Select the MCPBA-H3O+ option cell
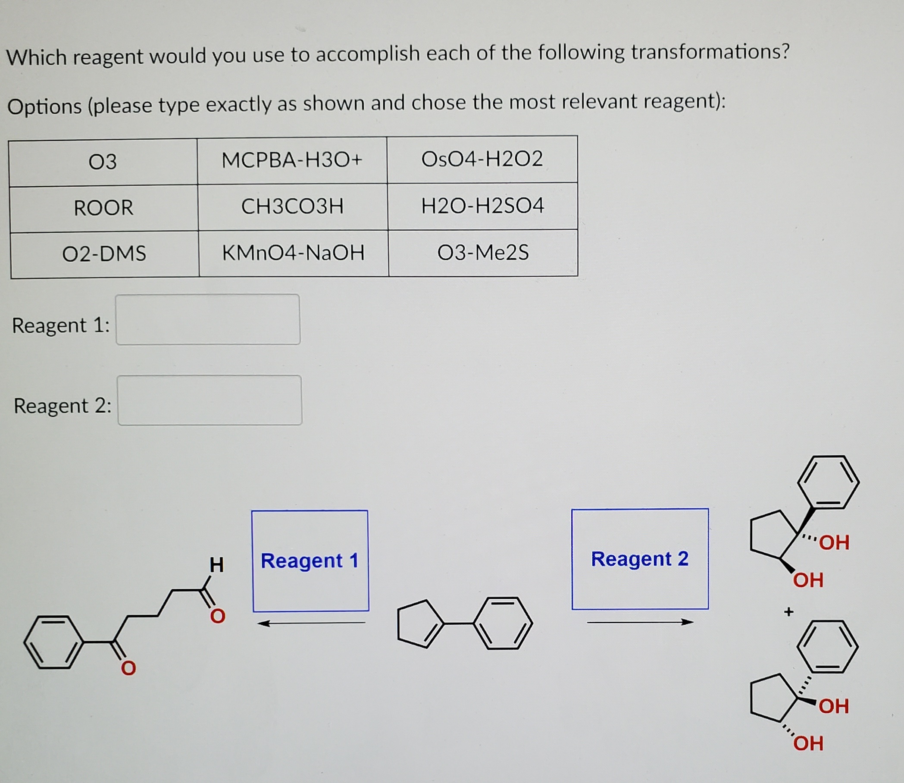(x=292, y=160)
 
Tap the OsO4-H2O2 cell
(x=482, y=159)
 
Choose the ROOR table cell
(x=103, y=207)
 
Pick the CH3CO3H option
(x=292, y=206)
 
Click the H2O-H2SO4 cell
(x=482, y=205)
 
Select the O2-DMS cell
(x=104, y=254)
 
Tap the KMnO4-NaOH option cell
(x=293, y=253)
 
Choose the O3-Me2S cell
(x=483, y=252)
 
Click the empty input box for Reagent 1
(x=208, y=319)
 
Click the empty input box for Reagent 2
(x=210, y=400)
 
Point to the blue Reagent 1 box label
(x=310, y=561)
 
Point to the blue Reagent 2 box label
(x=640, y=559)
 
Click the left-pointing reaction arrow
(x=311, y=623)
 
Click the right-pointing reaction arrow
(x=640, y=622)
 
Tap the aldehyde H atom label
(x=216, y=564)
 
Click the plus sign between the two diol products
(x=788, y=612)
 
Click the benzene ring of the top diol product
(x=828, y=482)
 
